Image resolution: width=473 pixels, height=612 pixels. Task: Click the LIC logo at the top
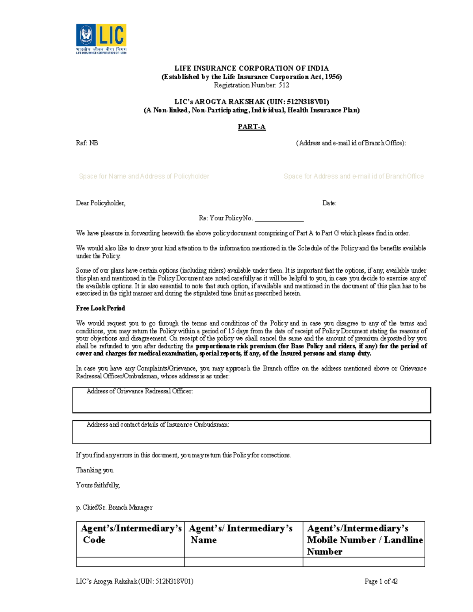(101, 39)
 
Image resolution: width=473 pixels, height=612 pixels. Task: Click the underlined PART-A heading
(251, 127)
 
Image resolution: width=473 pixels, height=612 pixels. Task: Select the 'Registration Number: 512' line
(251, 85)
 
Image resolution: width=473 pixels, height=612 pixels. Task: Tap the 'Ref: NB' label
(87, 143)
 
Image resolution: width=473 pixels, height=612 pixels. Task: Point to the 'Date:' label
(329, 203)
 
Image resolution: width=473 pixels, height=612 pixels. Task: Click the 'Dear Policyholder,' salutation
(101, 203)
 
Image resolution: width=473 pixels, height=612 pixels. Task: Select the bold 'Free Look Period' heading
(101, 308)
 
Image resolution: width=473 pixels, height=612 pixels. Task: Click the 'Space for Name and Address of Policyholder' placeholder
(144, 176)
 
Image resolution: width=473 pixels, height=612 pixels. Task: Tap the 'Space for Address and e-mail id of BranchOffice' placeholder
(354, 176)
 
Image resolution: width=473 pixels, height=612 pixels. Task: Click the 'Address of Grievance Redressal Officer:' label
(140, 391)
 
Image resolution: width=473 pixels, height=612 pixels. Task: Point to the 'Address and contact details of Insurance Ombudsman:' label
(158, 424)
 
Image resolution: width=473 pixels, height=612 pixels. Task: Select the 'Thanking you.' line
(95, 470)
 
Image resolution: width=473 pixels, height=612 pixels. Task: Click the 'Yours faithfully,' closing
(98, 485)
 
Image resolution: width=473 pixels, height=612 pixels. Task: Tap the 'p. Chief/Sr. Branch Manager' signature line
(114, 508)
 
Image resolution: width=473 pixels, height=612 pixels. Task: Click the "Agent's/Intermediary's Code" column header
(130, 534)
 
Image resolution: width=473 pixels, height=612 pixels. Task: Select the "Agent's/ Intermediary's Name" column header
(240, 534)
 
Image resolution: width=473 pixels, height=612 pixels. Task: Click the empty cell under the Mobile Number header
(363, 562)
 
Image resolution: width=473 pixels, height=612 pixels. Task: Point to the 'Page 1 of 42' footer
(381, 581)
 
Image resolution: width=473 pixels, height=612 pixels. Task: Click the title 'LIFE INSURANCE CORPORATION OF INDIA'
(251, 68)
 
